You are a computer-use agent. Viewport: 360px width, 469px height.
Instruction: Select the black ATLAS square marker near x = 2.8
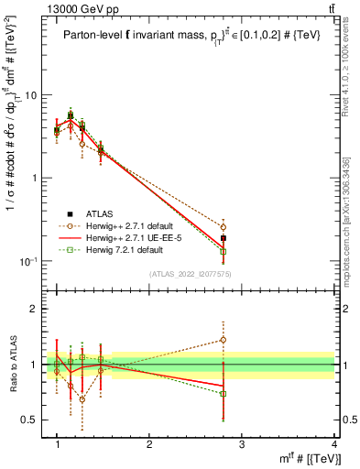pyautogui.click(x=223, y=238)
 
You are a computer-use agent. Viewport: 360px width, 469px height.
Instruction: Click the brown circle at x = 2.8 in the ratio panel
pyautogui.click(x=223, y=340)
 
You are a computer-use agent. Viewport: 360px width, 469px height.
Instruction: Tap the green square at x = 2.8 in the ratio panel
pyautogui.click(x=223, y=394)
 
